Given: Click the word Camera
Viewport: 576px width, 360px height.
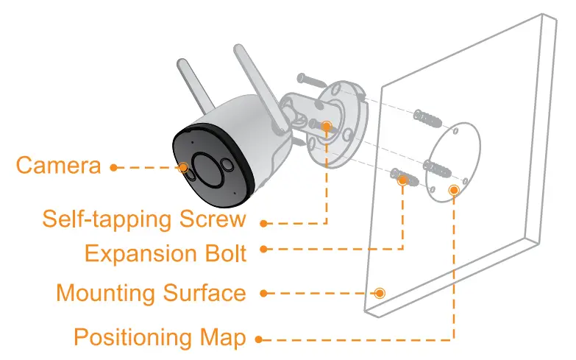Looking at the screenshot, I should coord(58,165).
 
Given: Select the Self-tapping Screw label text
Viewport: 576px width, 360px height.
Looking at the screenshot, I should coord(143,219).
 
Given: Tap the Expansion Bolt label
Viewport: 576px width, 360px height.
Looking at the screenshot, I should coord(165,253).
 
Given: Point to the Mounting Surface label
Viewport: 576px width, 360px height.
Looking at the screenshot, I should coord(151,293).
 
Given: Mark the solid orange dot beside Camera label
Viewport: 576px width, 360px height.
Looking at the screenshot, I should coord(113,167).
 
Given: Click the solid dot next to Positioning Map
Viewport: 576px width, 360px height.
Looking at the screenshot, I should coord(258,339).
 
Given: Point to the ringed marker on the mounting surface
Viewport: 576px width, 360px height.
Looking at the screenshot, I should coord(380,293).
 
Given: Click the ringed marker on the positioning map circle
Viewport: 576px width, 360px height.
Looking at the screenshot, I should coord(454,191).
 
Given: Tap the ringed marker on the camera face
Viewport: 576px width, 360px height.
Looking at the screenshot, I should coord(182,167).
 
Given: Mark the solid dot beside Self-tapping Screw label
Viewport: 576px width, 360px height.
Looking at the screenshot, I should coord(263,222).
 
